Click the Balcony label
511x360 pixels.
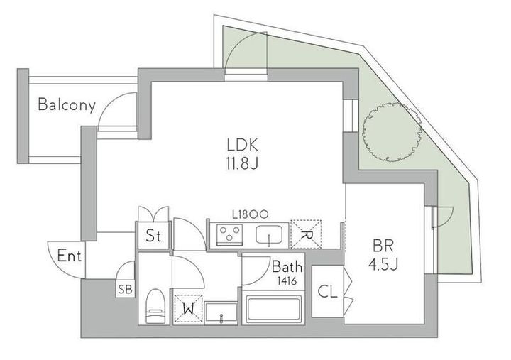[x=67, y=104]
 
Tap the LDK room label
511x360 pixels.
[x=243, y=145]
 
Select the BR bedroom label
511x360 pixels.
[x=383, y=246]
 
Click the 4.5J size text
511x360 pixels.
[x=383, y=264]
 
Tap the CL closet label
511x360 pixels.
[x=327, y=292]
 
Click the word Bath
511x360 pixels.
[x=287, y=267]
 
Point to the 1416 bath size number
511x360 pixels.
[x=287, y=280]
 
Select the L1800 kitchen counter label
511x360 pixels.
[x=251, y=214]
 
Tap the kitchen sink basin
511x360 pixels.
[x=269, y=235]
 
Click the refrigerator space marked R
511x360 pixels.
[x=306, y=235]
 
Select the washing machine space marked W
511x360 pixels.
[x=188, y=309]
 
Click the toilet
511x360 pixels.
[x=155, y=306]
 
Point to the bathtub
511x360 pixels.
[x=273, y=308]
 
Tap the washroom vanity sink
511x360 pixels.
[x=221, y=313]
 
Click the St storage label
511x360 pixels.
[x=153, y=236]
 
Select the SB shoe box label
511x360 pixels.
[x=125, y=289]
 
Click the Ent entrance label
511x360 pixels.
[x=69, y=256]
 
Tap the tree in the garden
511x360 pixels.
[x=391, y=132]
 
